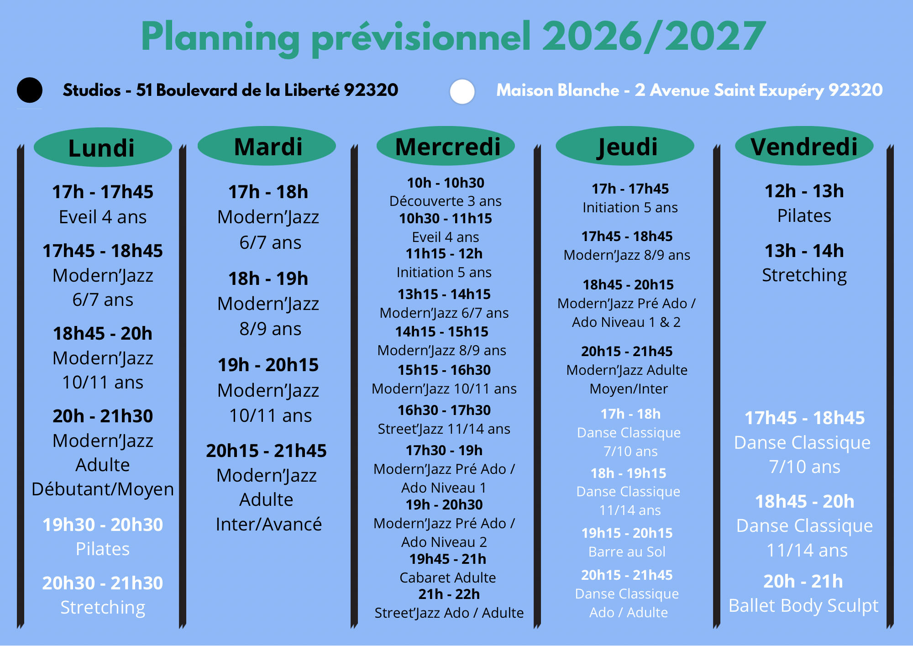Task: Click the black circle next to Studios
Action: click(30, 90)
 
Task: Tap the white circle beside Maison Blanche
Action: click(462, 91)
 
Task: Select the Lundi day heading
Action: click(101, 148)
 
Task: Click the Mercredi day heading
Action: click(448, 147)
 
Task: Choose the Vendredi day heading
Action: click(804, 147)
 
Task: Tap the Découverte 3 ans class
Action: click(445, 201)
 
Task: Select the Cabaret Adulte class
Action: click(447, 578)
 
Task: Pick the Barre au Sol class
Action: click(627, 551)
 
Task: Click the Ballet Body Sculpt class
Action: click(803, 606)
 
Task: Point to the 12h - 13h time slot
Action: click(804, 191)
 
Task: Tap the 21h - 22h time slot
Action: click(449, 594)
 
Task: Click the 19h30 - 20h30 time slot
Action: click(103, 525)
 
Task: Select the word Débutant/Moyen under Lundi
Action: click(103, 489)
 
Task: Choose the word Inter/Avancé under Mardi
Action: click(269, 525)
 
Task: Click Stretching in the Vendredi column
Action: click(804, 276)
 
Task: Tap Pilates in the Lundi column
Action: click(103, 549)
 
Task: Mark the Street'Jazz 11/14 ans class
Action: click(444, 429)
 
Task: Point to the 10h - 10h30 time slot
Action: click(446, 183)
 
